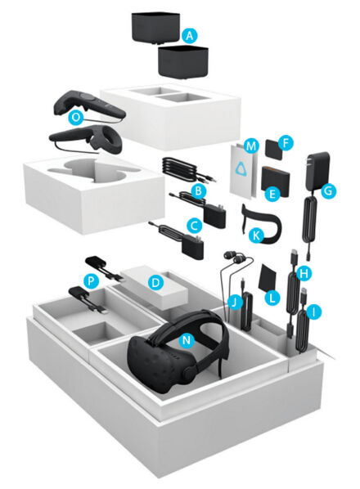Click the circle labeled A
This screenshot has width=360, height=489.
coord(190,36)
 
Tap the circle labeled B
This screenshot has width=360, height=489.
coord(196,190)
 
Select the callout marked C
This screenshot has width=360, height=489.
coord(195,223)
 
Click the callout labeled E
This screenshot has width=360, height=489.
coord(275,193)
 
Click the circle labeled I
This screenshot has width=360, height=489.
coord(312,312)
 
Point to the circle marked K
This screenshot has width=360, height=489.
coord(254,236)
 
